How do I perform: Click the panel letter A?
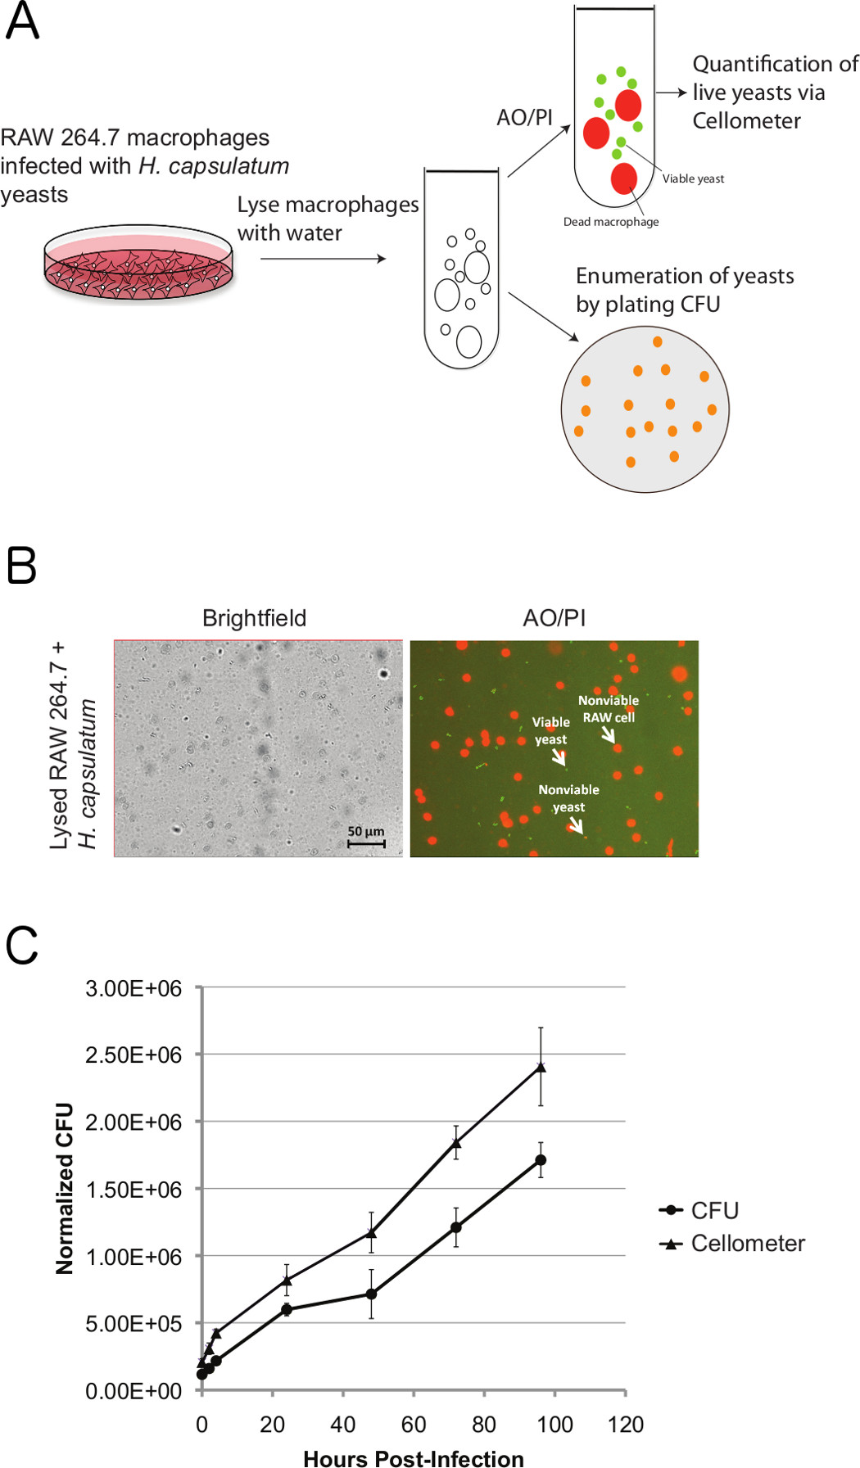(x=22, y=21)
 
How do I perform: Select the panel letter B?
(x=22, y=566)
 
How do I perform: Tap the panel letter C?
(x=22, y=946)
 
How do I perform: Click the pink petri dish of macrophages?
(x=138, y=262)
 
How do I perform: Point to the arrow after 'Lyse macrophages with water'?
(x=323, y=259)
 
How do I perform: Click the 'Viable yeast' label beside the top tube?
(x=693, y=179)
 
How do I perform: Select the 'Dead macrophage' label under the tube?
(x=610, y=222)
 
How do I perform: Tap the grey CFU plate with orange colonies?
(x=645, y=409)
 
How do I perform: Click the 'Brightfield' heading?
(x=254, y=618)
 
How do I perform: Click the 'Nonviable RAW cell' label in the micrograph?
(x=608, y=709)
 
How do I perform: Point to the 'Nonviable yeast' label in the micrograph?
(x=568, y=798)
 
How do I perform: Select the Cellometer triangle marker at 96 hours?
(x=541, y=1067)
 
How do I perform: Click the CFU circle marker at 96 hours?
(x=541, y=1160)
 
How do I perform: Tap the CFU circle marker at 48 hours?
(x=371, y=1294)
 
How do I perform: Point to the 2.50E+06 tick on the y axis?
(x=134, y=1055)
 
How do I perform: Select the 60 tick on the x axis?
(x=414, y=1425)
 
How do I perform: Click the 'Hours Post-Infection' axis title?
(x=413, y=1459)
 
